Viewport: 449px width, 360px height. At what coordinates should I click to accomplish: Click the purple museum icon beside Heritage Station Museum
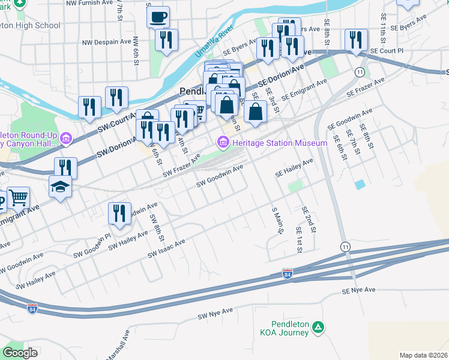click(x=223, y=143)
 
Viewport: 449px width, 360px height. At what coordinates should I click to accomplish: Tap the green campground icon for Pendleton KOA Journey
click(x=320, y=328)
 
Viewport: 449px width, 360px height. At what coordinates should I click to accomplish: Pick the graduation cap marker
click(x=61, y=188)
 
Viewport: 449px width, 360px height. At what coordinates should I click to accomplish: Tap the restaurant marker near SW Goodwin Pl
click(x=119, y=214)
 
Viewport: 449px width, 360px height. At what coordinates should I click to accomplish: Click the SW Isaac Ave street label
click(x=167, y=250)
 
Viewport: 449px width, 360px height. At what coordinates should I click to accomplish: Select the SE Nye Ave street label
click(x=359, y=290)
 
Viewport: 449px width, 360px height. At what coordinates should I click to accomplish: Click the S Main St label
click(x=277, y=221)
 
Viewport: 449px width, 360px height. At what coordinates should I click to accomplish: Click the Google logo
click(x=20, y=353)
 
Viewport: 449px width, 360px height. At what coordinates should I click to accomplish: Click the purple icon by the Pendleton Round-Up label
click(x=65, y=139)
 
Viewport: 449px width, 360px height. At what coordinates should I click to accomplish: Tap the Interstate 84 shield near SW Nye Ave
click(x=32, y=308)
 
